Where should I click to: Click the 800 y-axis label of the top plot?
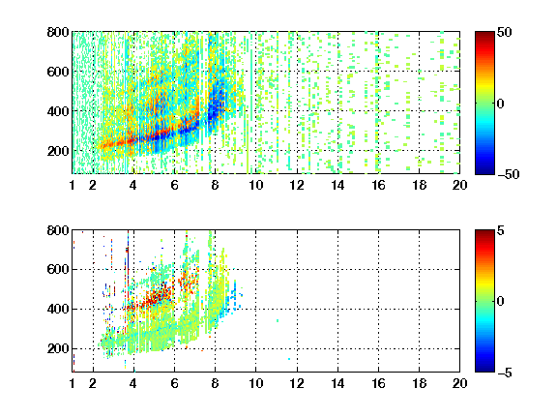tap(58, 32)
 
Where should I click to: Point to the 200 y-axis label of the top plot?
tap(58, 151)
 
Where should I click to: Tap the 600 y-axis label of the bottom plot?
tap(58, 269)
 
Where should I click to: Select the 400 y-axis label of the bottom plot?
tap(58, 309)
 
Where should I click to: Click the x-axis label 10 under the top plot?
tap(255, 185)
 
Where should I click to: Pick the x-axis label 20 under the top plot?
tap(459, 185)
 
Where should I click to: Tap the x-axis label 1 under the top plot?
tap(73, 185)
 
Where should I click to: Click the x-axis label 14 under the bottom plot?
tap(337, 383)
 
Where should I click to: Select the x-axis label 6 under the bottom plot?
tap(174, 383)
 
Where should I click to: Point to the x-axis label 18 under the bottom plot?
tap(419, 383)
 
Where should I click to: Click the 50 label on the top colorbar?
tap(505, 32)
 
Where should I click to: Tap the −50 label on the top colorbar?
tap(508, 174)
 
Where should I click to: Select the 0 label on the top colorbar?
tap(501, 104)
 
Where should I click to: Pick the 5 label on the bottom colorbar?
tap(501, 230)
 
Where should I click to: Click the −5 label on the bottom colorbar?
tap(505, 373)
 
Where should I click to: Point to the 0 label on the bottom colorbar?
tap(501, 302)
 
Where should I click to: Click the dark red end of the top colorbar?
tap(484, 35)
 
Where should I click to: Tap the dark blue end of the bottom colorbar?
tap(484, 369)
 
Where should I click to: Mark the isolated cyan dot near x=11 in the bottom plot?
tap(278, 320)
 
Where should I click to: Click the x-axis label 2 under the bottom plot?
tap(93, 383)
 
